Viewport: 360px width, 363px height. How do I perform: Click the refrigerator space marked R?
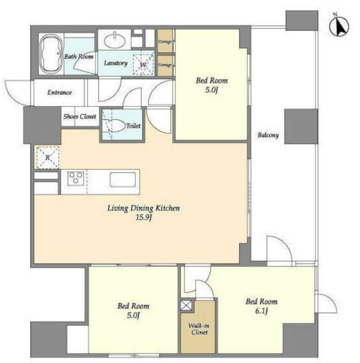[x=47, y=157]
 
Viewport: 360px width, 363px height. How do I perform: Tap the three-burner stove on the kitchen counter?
[x=75, y=178]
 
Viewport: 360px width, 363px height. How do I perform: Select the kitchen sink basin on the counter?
[x=122, y=179]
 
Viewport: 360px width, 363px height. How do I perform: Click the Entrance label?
[x=59, y=93]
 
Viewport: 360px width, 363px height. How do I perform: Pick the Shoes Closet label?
[x=80, y=116]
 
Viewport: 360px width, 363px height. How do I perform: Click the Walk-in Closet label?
[x=199, y=329]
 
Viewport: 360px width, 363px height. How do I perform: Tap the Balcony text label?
[x=268, y=135]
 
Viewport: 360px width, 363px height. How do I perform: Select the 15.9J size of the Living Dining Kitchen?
[x=144, y=218]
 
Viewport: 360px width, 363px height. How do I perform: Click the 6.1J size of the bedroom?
[x=262, y=311]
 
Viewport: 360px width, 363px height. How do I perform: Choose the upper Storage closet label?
[x=165, y=42]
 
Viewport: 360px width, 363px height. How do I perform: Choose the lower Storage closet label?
[x=165, y=65]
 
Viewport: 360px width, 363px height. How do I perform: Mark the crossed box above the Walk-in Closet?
[x=186, y=305]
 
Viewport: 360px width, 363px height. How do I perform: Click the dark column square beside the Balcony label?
[x=301, y=127]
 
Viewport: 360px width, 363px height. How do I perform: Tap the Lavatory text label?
[x=116, y=63]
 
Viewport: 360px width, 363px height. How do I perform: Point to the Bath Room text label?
[x=78, y=56]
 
